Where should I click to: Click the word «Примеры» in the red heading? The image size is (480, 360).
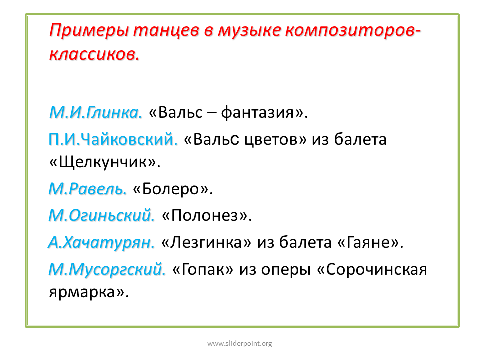(89, 31)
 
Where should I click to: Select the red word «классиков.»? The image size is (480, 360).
(94, 54)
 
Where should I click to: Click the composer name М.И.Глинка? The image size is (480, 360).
(96, 112)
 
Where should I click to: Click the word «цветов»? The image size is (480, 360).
(275, 140)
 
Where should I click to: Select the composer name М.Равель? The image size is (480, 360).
(87, 189)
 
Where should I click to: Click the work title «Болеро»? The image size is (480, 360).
(173, 189)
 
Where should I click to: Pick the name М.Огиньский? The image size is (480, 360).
(102, 215)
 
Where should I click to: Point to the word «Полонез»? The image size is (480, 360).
(207, 215)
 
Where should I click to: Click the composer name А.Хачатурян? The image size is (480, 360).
(101, 243)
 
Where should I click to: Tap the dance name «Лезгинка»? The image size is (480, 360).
(206, 242)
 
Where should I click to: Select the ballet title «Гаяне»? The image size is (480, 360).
(370, 243)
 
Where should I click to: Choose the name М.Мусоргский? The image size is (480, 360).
(107, 269)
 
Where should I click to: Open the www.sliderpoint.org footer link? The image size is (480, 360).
(240, 344)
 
